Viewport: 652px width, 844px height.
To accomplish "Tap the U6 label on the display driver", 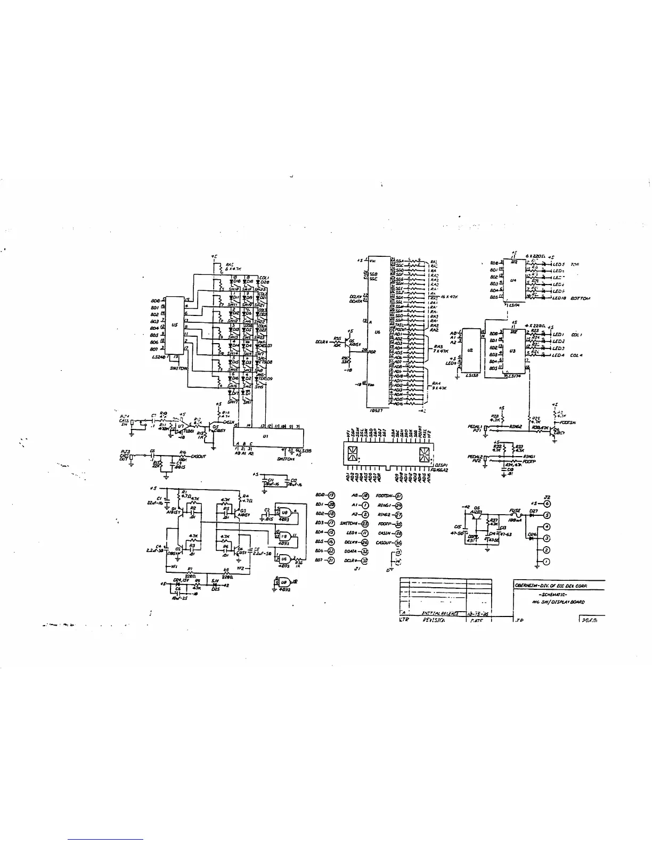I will pos(377,332).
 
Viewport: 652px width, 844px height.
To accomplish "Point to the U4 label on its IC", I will pos(512,279).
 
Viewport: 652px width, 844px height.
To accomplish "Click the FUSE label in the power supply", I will pos(515,510).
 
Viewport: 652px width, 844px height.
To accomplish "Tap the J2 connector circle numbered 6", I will pos(547,504).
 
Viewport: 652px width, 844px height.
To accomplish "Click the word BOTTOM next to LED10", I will pos(580,298).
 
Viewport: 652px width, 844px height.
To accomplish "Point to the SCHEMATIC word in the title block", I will pos(555,594).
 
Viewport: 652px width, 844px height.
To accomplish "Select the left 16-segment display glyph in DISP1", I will pos(352,454).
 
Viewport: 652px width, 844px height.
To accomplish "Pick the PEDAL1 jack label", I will pos(475,427).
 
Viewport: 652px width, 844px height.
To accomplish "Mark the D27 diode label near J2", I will pos(534,510).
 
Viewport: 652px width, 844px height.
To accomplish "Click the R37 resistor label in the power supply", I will pos(494,521).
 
